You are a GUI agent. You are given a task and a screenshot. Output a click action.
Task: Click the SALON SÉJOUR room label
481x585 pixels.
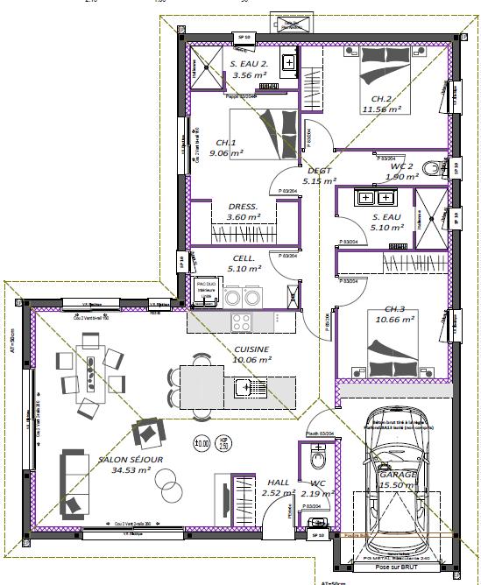pyautogui.click(x=131, y=459)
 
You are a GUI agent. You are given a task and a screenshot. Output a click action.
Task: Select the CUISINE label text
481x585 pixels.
pyautogui.click(x=251, y=349)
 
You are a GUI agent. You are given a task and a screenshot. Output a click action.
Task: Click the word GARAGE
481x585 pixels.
pyautogui.click(x=398, y=474)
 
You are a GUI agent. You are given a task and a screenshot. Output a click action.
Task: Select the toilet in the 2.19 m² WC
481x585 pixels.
pyautogui.click(x=317, y=458)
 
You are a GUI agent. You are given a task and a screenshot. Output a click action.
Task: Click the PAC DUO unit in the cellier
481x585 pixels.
pyautogui.click(x=206, y=293)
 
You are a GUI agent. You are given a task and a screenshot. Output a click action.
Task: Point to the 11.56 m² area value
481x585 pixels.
pyautogui.click(x=381, y=109)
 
